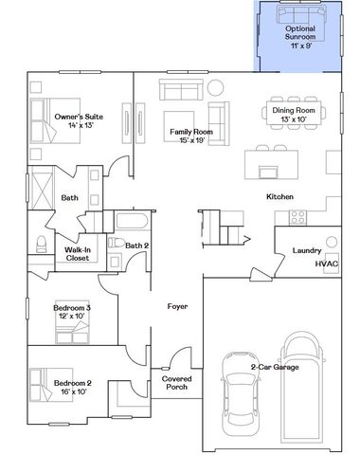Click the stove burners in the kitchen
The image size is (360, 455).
click(296, 215)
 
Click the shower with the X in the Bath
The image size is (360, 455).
click(44, 184)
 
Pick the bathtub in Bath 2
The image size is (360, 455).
click(132, 225)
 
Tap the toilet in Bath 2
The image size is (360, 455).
click(108, 245)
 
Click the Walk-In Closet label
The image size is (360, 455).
click(77, 253)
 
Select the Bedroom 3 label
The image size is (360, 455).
click(72, 309)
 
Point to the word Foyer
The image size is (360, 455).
click(177, 307)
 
